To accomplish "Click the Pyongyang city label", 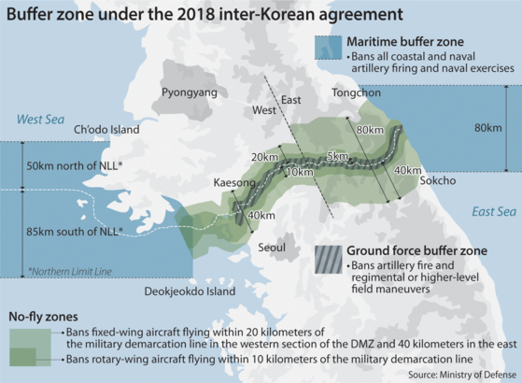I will pos(189,92).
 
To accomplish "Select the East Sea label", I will pos(494,212).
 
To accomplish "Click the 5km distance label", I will pos(337,155).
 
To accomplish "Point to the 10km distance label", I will pos(299,172).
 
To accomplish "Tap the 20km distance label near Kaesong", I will pos(265,156).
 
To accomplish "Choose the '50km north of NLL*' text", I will pos(75,164).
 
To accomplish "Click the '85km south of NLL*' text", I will pos(75,230).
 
